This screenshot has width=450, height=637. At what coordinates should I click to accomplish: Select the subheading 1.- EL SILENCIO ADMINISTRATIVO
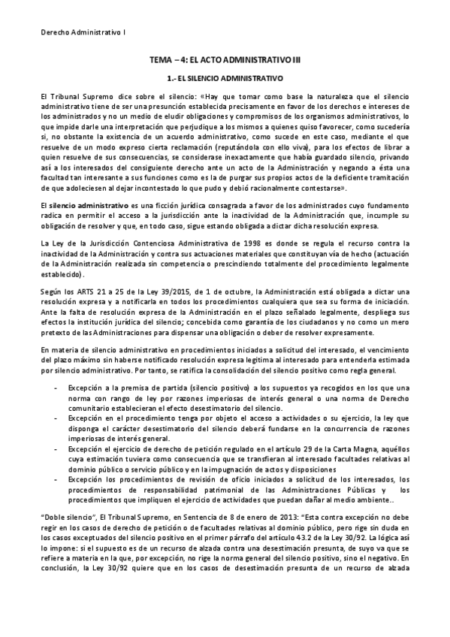point(225,77)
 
